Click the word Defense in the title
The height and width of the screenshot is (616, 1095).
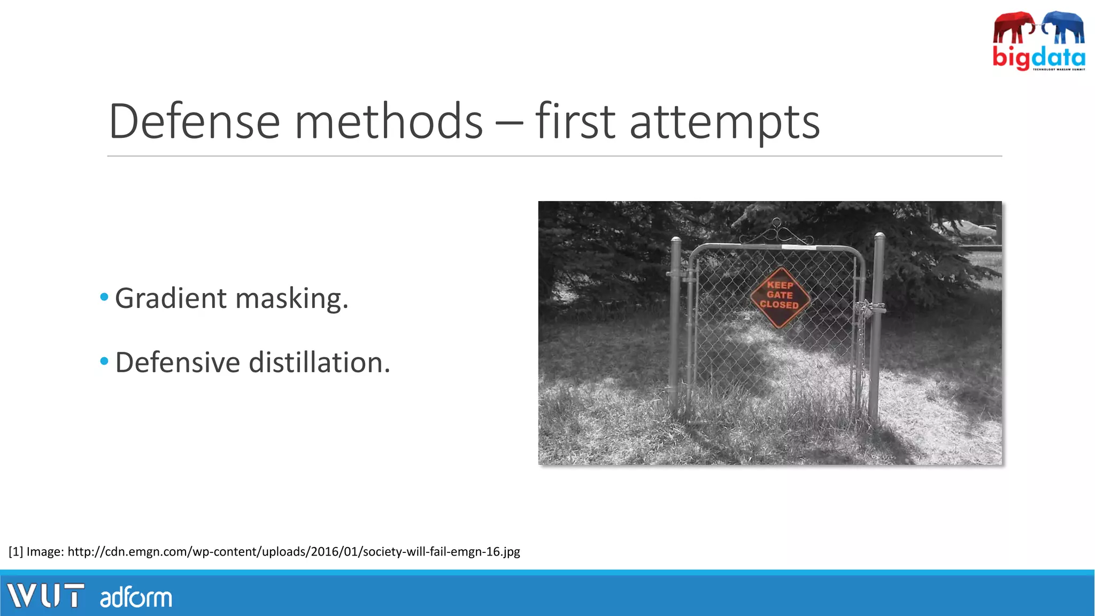point(194,122)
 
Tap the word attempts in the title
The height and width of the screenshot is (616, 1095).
point(724,123)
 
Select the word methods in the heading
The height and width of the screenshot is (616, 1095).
point(389,122)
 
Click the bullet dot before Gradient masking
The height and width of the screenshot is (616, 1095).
point(104,297)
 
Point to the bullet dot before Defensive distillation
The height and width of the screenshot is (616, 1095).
point(104,361)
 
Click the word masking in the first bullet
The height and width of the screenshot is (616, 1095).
point(291,298)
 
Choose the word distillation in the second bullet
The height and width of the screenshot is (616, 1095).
point(319,363)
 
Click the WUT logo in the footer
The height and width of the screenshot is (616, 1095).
point(45,596)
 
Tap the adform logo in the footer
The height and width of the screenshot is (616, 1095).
point(136,597)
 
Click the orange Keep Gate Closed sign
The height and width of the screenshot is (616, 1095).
point(780,297)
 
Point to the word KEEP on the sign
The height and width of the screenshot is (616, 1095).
point(780,285)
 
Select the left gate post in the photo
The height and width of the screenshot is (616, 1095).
point(675,326)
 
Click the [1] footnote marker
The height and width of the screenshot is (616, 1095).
point(16,551)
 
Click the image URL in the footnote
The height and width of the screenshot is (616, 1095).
point(294,551)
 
